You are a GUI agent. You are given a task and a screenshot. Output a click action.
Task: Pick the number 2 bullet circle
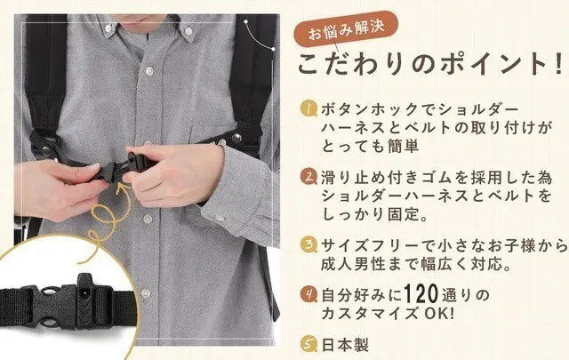pyautogui.click(x=308, y=176)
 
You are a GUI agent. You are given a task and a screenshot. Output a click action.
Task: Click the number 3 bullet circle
pyautogui.click(x=308, y=242)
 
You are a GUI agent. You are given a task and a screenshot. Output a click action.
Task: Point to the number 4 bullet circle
pyautogui.click(x=308, y=292)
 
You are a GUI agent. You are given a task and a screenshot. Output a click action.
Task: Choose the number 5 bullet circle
pyautogui.click(x=308, y=341)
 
